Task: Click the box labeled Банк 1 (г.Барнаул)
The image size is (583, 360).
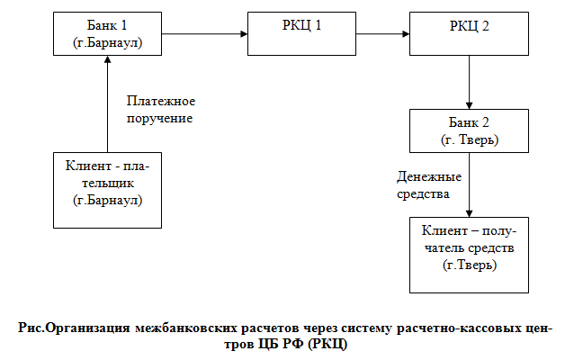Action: [x=107, y=34]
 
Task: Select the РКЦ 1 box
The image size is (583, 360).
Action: [x=296, y=34]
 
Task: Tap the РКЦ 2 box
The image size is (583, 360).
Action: [x=468, y=34]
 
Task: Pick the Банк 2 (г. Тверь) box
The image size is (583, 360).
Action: [x=469, y=131]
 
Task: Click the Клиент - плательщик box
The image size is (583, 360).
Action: [x=107, y=190]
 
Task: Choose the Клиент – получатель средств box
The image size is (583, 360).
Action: [x=469, y=254]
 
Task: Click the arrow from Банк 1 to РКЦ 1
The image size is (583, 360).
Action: [x=205, y=35]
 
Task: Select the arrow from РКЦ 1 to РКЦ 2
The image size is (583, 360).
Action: [x=377, y=35]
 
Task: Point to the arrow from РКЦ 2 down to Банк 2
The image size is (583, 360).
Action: [x=469, y=85]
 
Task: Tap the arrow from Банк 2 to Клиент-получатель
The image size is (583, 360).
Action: [x=469, y=184]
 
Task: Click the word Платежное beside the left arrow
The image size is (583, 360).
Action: [x=161, y=101]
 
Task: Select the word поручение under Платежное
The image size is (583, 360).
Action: [x=160, y=118]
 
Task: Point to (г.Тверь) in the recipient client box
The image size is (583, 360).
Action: [x=469, y=267]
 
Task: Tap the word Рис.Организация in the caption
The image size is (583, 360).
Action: [x=75, y=328]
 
